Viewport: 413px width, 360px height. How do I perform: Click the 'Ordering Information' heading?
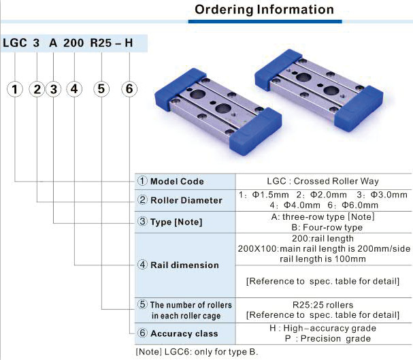pos(265,10)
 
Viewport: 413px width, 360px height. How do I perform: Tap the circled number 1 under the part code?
pos(16,88)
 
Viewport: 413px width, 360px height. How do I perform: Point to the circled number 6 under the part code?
pos(131,88)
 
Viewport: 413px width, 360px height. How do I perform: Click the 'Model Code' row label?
pos(176,182)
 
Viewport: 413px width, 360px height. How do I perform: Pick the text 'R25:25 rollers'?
pos(323,304)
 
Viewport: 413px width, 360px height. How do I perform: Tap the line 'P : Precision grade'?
pos(323,338)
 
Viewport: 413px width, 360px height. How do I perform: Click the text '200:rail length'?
pos(323,239)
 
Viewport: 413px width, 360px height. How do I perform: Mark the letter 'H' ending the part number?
pos(138,43)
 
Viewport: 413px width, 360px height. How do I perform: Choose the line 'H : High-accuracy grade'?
pos(323,328)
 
